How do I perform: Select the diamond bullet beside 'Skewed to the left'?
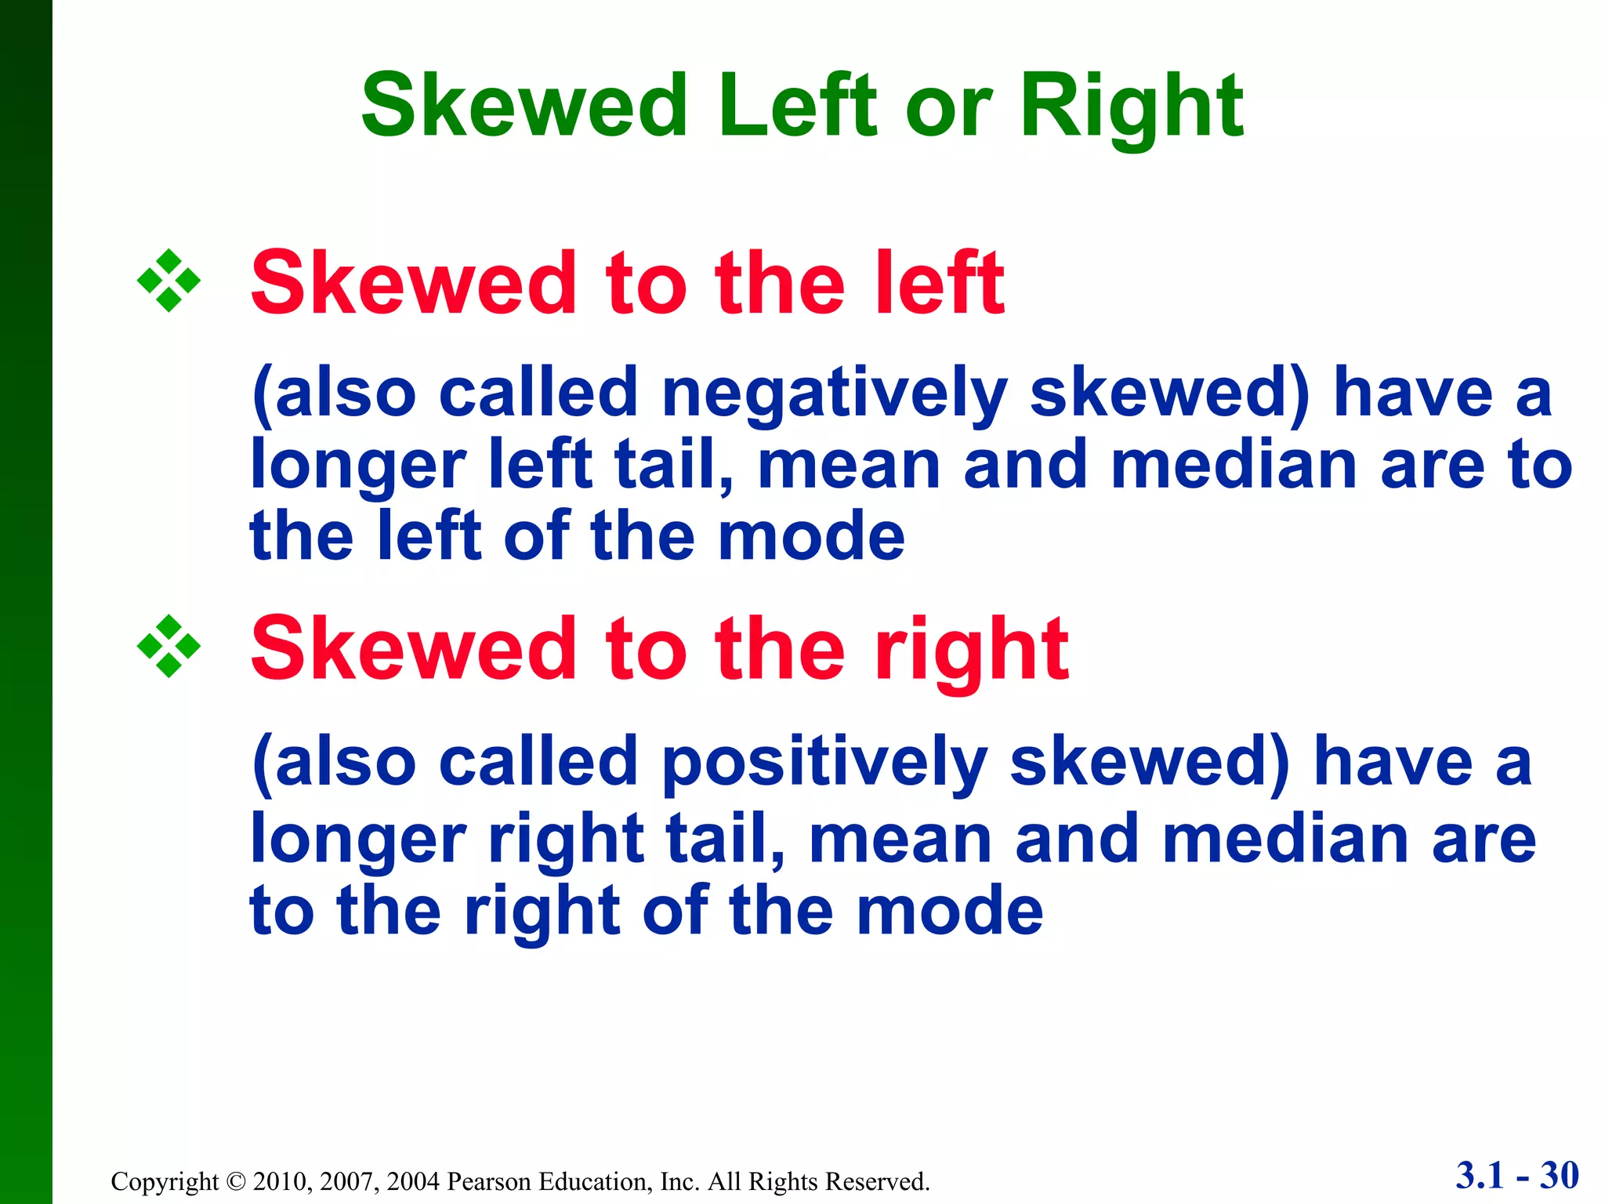point(168,281)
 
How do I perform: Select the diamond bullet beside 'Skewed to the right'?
point(168,647)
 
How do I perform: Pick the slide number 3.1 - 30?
point(1517,1175)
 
